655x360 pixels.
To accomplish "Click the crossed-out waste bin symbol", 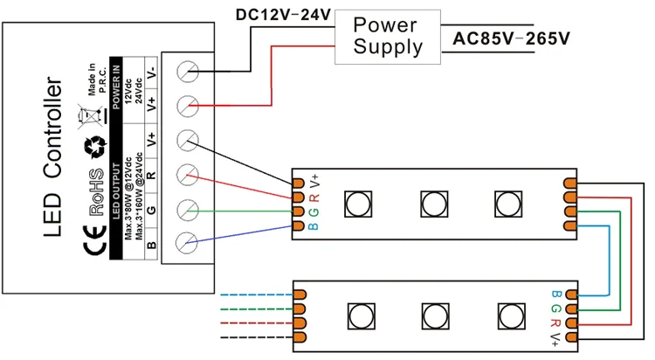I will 90,115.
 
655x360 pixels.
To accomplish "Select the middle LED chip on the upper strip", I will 432,204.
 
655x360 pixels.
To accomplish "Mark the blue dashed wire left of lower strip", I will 253,295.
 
